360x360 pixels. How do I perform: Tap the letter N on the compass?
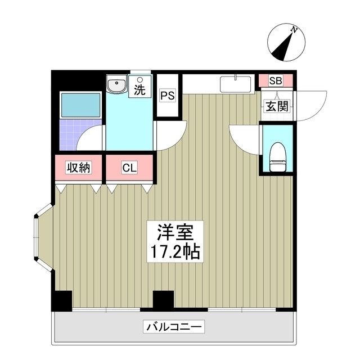(294, 28)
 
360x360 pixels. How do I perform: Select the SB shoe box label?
(275, 80)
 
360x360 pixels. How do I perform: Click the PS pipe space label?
(168, 96)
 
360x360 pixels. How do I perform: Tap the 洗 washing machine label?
(139, 88)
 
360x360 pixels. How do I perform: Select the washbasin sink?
(117, 86)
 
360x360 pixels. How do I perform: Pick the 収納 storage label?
(79, 168)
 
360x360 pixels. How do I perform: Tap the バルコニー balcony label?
(174, 327)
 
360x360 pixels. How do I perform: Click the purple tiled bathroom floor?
(70, 134)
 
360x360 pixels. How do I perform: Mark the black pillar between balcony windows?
(163, 299)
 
